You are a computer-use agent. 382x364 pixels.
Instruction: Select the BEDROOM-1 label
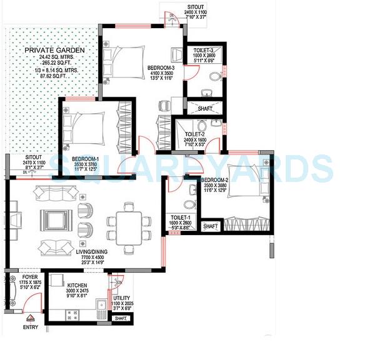click(83, 159)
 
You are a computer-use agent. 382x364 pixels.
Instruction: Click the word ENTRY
click(30, 327)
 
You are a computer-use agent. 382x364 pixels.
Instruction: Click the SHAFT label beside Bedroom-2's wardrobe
click(211, 226)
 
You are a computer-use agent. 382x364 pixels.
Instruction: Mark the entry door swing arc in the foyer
click(33, 308)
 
